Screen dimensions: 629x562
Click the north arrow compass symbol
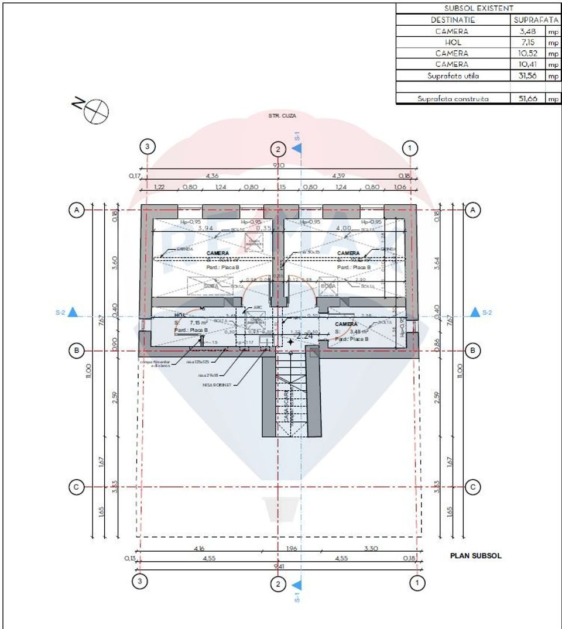point(96,111)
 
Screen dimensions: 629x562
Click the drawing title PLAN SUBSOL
point(475,556)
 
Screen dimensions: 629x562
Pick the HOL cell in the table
point(453,42)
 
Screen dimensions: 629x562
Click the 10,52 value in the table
point(527,53)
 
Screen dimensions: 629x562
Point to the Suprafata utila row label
point(453,76)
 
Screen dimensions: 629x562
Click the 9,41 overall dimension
point(278,566)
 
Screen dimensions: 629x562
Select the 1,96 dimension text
point(290,548)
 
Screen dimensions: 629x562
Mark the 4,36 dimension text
point(212,175)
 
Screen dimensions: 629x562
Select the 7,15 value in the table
point(527,42)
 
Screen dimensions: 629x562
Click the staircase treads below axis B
point(291,392)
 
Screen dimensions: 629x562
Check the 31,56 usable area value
point(527,76)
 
